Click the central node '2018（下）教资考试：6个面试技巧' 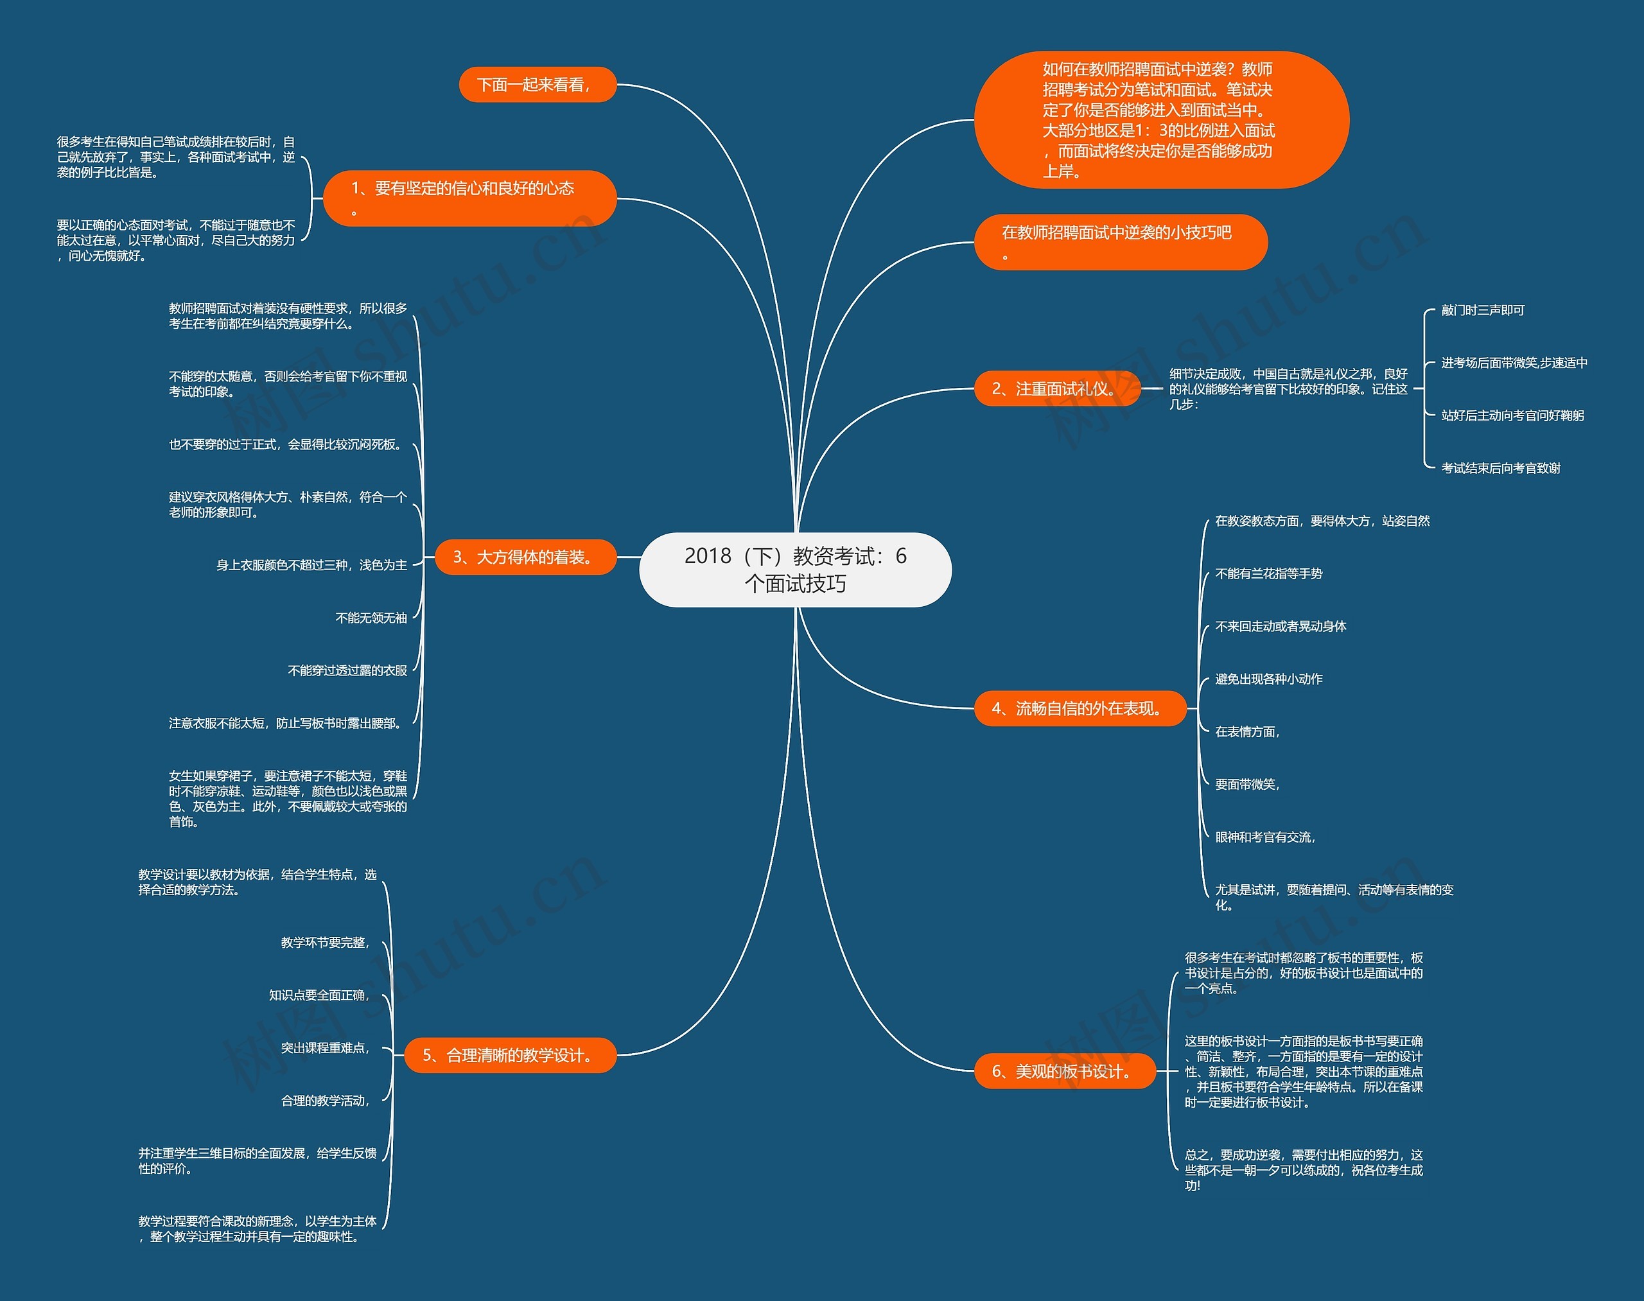(795, 570)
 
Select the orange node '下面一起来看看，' (537, 85)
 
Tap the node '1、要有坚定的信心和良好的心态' (469, 198)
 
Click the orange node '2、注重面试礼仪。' (1056, 389)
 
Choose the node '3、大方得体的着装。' (525, 557)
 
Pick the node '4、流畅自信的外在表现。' (1080, 708)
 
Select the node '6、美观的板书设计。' (1064, 1071)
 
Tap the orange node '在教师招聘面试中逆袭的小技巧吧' (1120, 242)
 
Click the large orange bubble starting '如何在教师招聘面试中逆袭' (1160, 120)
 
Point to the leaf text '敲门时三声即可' (1483, 310)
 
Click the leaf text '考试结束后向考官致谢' (1500, 467)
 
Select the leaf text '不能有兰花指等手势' (1268, 573)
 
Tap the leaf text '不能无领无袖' (371, 618)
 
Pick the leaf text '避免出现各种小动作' (1268, 679)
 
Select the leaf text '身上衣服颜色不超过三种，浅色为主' (311, 565)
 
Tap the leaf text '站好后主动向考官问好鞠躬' (1512, 415)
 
